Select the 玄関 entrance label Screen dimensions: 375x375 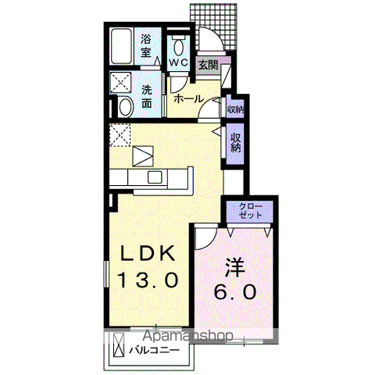point(207,65)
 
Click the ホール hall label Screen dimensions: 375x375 point(188,99)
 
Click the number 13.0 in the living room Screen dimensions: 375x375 point(150,279)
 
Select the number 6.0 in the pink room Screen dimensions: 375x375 point(235,293)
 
